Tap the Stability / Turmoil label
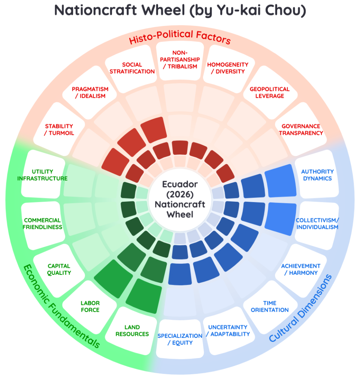tap(59, 129)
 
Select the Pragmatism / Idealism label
tap(90, 92)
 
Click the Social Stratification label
tap(132, 68)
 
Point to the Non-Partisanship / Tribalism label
tap(180, 60)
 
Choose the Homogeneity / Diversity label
tap(228, 68)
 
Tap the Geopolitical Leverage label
tap(269, 92)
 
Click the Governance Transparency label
tap(301, 129)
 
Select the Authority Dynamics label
tap(317, 175)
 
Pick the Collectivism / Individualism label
tap(317, 223)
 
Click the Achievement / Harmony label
tap(301, 269)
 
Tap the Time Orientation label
tap(270, 306)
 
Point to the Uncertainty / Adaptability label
tap(228, 331)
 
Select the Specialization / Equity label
tap(180, 339)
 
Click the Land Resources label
tap(132, 331)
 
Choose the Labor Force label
tap(90, 306)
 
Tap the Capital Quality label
tap(59, 269)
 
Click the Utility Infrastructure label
tap(42, 175)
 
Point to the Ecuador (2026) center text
tap(180, 189)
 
